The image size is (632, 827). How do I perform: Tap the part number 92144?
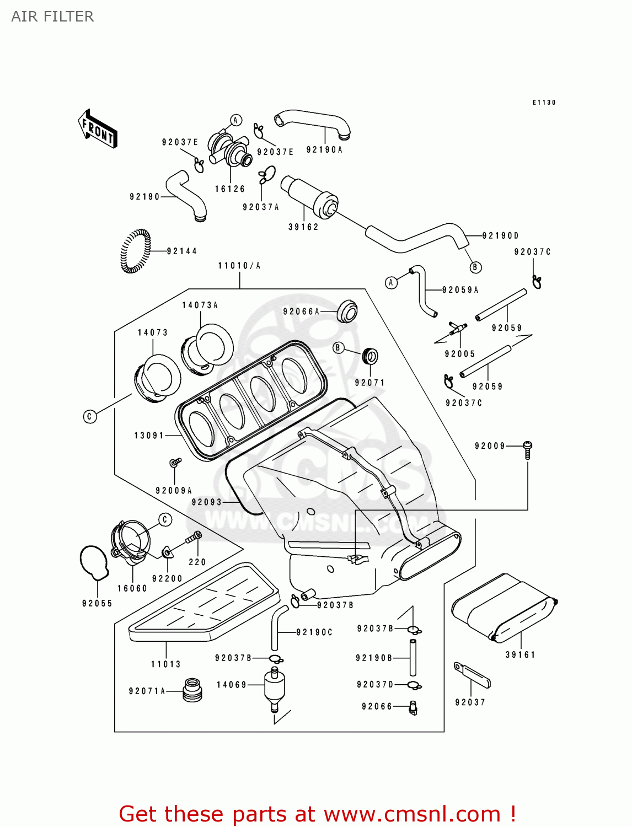tap(181, 251)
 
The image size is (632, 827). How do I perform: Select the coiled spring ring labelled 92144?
tap(135, 251)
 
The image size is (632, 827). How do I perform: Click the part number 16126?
tap(230, 189)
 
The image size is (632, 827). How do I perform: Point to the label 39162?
tap(303, 227)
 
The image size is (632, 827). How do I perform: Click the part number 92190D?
tap(501, 235)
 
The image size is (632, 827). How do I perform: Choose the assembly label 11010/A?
tap(239, 266)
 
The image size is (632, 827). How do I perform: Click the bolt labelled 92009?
tap(527, 449)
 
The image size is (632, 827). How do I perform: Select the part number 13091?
tap(149, 436)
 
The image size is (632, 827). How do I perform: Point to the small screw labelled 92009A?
tap(175, 462)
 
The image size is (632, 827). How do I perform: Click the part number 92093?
tap(207, 502)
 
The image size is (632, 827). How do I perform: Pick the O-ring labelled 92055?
tap(94, 562)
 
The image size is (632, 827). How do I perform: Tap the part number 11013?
tap(166, 664)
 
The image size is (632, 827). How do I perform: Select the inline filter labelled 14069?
tap(274, 688)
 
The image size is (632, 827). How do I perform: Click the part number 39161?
tap(520, 655)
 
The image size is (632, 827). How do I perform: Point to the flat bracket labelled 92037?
tap(472, 675)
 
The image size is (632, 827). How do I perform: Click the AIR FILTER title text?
tap(52, 17)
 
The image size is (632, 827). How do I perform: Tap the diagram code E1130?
tap(544, 103)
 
